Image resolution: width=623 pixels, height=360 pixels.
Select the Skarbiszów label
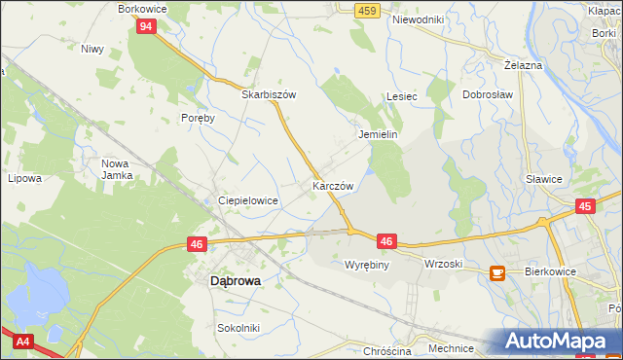(269, 95)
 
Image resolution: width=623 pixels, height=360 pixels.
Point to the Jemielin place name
(379, 135)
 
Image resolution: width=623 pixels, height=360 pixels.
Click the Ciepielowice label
(248, 200)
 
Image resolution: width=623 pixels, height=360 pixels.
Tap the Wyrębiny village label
(367, 265)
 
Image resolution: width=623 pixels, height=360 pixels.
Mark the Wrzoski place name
(443, 265)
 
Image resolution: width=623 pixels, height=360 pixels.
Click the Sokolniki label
(238, 328)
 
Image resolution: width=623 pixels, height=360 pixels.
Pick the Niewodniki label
(418, 19)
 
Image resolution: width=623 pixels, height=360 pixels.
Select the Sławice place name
(544, 179)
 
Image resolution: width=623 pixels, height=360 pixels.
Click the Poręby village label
(198, 117)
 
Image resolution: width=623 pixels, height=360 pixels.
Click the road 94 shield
(144, 27)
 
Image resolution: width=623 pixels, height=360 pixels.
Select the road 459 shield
(366, 10)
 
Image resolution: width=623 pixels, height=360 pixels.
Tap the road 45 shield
(585, 206)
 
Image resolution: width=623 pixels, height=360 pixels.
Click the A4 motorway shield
(20, 342)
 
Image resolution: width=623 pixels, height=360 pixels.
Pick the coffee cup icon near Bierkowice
(496, 274)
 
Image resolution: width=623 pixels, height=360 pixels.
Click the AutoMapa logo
(555, 341)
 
